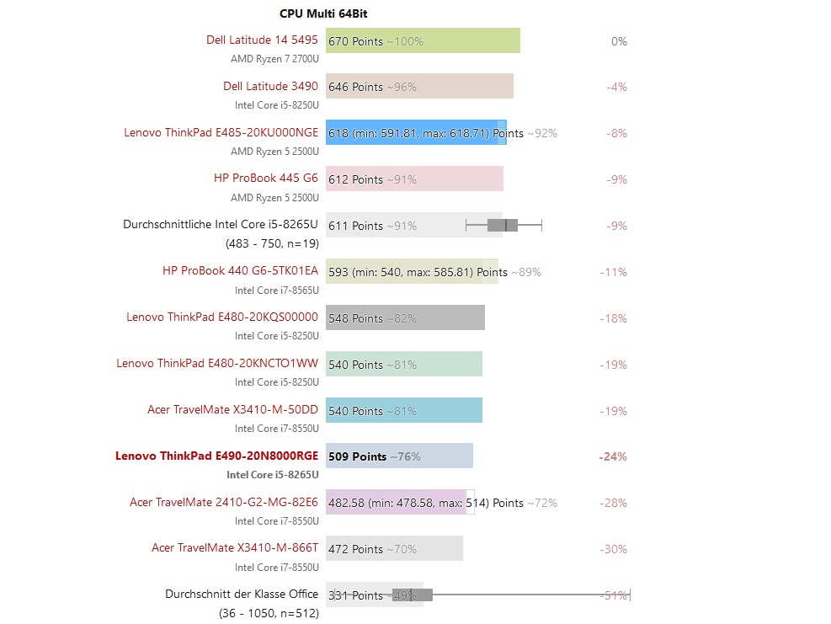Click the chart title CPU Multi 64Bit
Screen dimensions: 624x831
pyautogui.click(x=323, y=13)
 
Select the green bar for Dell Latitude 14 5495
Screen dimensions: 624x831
pyautogui.click(x=455, y=40)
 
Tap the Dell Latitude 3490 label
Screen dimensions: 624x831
pyautogui.click(x=270, y=86)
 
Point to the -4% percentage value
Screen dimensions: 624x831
pyautogui.click(x=616, y=87)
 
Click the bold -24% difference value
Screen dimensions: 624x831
pyautogui.click(x=613, y=456)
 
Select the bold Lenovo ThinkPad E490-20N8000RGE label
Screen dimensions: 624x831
pyautogui.click(x=216, y=456)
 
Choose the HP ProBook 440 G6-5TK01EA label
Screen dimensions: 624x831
pyautogui.click(x=240, y=270)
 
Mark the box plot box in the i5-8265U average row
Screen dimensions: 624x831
pyautogui.click(x=503, y=225)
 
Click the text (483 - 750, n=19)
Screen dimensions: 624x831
pyautogui.click(x=272, y=243)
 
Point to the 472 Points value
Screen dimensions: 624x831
pyautogui.click(x=355, y=549)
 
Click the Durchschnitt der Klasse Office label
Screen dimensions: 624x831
pyautogui.click(x=242, y=594)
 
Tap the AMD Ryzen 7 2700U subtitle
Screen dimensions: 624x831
pyautogui.click(x=274, y=59)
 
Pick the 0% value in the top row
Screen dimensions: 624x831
pyautogui.click(x=619, y=41)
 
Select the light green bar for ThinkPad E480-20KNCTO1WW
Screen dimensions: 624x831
pyautogui.click(x=438, y=364)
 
